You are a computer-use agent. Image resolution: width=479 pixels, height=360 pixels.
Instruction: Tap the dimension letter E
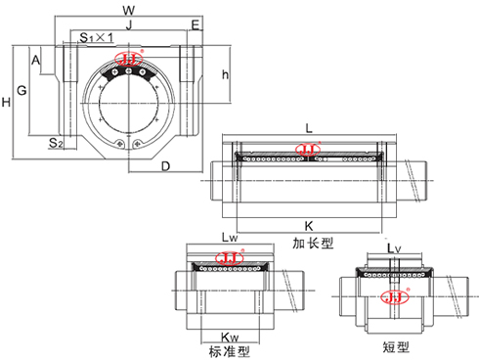[196, 24]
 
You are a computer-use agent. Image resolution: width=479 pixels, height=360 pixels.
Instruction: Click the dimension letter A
[36, 61]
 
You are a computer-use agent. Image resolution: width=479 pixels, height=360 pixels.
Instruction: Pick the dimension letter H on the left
[7, 102]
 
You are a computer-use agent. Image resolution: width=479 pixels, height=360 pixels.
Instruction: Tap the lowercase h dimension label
[225, 75]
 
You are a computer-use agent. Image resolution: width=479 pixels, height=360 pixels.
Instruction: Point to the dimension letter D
[166, 165]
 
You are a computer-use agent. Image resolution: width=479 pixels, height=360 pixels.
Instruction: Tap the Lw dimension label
[230, 238]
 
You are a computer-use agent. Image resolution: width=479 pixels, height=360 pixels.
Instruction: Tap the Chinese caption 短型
[396, 345]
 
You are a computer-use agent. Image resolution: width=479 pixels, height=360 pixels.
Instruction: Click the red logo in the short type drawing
[395, 297]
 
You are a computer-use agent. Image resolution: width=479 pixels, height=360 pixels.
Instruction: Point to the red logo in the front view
[129, 60]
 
